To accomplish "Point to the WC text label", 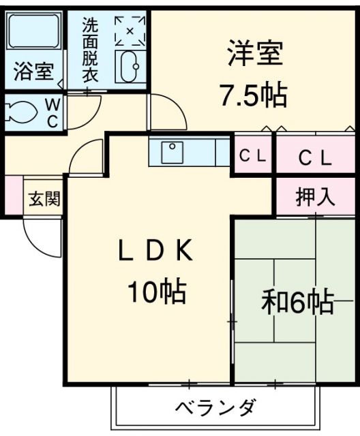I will tap(52, 112).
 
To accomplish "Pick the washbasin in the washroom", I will tap(128, 66).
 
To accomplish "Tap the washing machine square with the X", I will tap(129, 30).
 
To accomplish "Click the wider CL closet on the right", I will tap(316, 158).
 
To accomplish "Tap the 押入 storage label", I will tap(316, 197).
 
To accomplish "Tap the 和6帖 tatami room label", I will tap(296, 301).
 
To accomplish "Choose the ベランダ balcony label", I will tap(215, 408).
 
